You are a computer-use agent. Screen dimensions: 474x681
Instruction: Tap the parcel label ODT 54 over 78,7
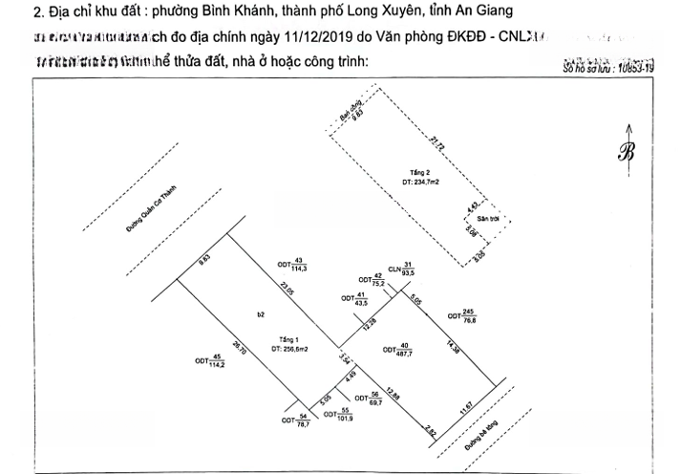coord(296,419)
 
